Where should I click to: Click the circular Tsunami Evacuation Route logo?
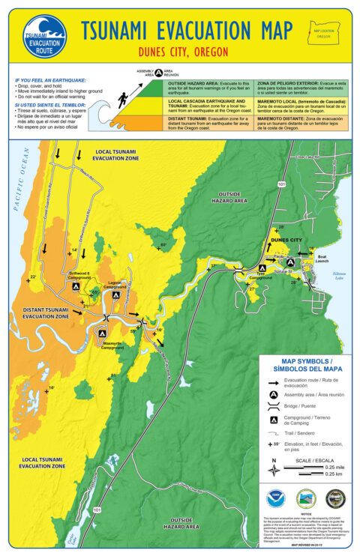(x=44, y=35)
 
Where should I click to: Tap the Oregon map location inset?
(x=323, y=33)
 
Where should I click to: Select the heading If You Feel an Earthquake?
(x=50, y=79)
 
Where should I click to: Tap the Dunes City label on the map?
(x=286, y=240)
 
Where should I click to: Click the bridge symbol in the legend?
(x=274, y=407)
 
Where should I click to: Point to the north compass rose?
(x=274, y=471)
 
